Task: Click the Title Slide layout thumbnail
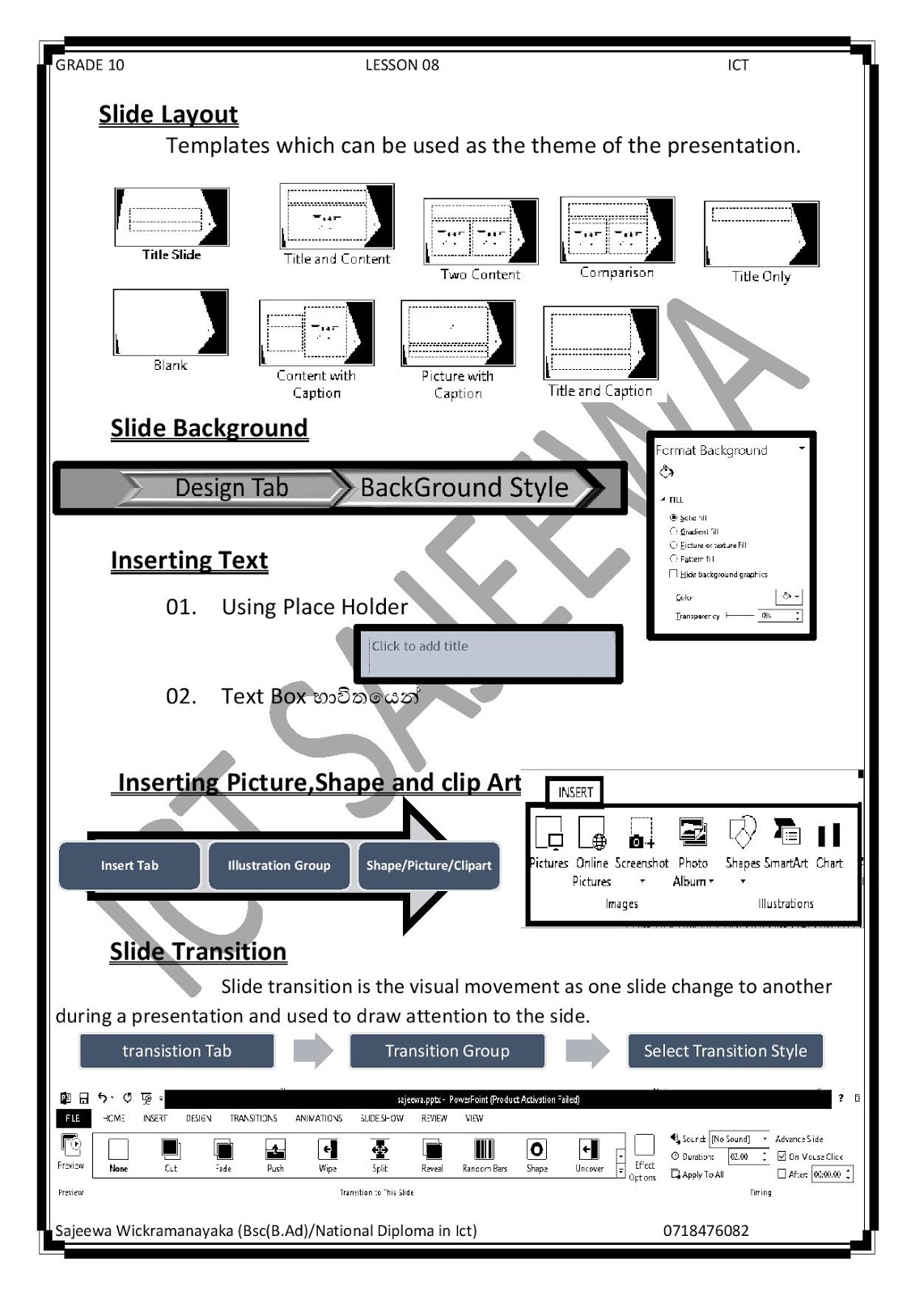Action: click(172, 217)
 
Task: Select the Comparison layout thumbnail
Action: click(616, 230)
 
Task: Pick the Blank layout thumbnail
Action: click(171, 322)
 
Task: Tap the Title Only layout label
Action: click(760, 277)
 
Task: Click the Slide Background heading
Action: click(209, 428)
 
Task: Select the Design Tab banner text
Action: click(231, 488)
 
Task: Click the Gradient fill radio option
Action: click(674, 532)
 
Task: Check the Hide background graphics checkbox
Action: click(673, 574)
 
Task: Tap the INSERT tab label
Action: click(575, 792)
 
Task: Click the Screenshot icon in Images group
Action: click(641, 834)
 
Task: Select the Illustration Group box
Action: click(279, 865)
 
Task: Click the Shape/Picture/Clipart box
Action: click(429, 865)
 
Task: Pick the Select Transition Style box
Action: click(725, 1051)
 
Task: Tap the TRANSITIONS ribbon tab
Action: click(253, 1119)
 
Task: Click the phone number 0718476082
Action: click(705, 1231)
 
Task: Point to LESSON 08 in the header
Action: click(402, 66)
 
